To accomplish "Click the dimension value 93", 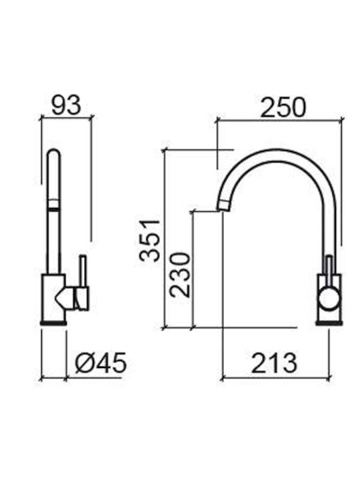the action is [x=66, y=105].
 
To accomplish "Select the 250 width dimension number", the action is [x=283, y=107].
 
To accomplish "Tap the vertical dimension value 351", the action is [x=150, y=240].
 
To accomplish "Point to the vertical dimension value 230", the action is [x=180, y=275].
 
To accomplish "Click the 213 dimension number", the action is [x=274, y=363].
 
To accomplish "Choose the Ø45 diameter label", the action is [x=101, y=363].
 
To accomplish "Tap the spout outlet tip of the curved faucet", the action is [x=223, y=205].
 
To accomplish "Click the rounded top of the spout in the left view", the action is [x=54, y=154].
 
